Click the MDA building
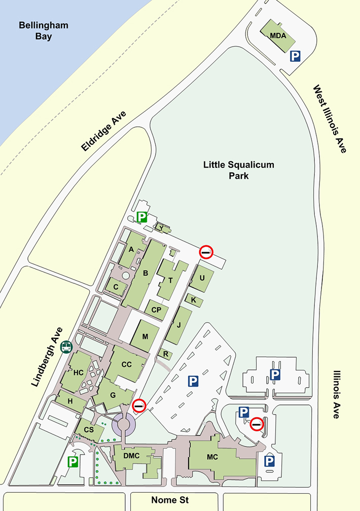277,35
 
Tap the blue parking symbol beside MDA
295,56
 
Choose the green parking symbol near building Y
142,218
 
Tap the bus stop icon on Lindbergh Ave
66,347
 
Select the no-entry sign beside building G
139,405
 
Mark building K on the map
194,300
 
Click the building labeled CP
156,310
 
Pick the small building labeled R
166,354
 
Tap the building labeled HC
78,372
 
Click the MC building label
212,456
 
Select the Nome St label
174,500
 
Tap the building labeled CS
89,430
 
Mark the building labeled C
116,286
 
